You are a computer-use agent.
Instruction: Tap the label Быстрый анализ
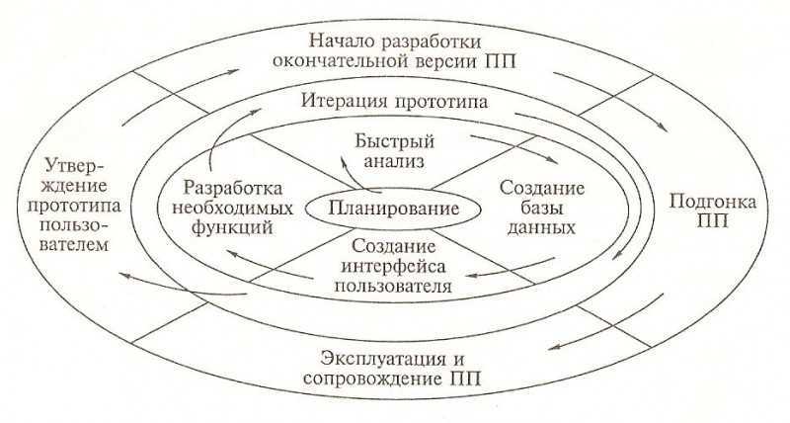pos(394,151)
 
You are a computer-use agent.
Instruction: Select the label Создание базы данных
pos(541,208)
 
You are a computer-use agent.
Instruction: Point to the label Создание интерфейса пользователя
pos(393,266)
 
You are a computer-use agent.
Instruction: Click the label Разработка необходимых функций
pos(232,208)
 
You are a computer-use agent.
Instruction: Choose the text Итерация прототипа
pos(394,102)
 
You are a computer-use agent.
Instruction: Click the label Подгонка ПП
pos(712,211)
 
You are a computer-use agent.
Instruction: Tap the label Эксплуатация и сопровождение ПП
pos(393,369)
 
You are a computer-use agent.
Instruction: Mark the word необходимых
pos(232,208)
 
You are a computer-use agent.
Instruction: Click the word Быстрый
pos(394,141)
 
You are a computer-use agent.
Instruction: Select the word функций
pos(232,227)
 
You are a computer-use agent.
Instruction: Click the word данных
pos(541,227)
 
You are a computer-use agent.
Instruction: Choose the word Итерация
pos(345,102)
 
